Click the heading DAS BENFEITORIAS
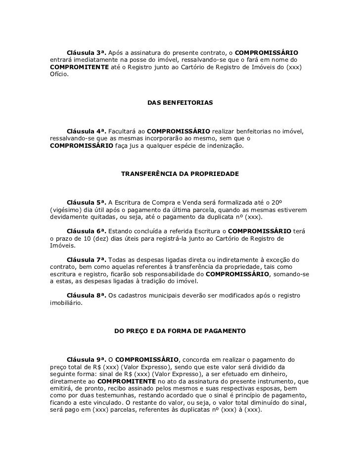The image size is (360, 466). (x=180, y=103)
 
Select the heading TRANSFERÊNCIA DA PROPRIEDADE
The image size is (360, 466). (x=180, y=174)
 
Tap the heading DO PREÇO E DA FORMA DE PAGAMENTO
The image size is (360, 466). (x=180, y=330)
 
